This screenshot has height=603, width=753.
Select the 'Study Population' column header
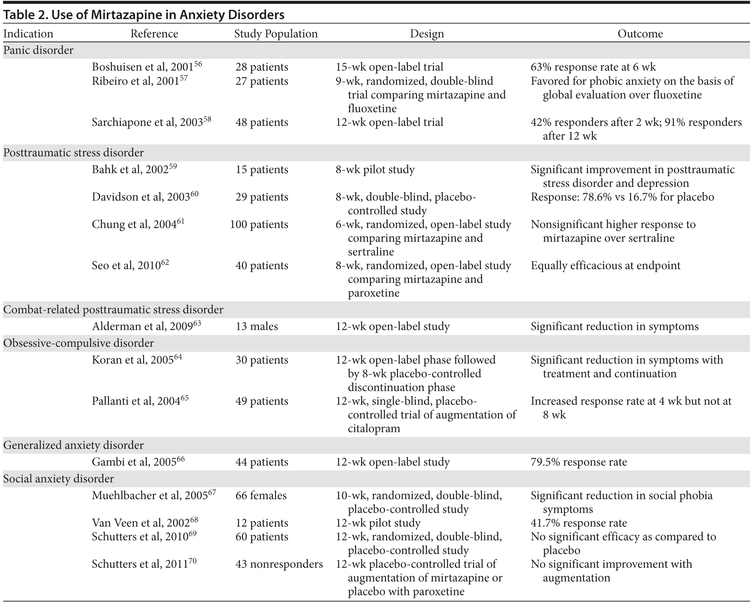coord(276,34)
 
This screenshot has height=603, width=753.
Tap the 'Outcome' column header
coord(640,34)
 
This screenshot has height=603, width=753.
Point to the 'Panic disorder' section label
coord(38,50)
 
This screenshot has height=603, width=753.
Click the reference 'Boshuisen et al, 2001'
coord(143,67)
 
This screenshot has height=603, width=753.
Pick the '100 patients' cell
coord(259,224)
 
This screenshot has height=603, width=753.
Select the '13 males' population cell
coord(257,326)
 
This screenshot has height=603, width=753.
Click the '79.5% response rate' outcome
coord(579,462)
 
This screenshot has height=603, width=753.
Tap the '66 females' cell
coord(261,495)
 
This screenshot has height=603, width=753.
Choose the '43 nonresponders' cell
coord(279,564)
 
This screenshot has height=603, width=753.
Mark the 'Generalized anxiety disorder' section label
coord(74,445)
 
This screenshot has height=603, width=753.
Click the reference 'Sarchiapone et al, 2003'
coord(147,122)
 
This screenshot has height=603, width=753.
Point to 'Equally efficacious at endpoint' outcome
coord(606,265)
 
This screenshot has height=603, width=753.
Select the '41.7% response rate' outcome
coord(579,523)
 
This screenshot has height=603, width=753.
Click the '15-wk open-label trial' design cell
coord(390,67)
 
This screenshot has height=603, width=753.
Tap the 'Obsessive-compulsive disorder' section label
coord(79,343)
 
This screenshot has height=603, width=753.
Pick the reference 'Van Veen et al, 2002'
coord(141,523)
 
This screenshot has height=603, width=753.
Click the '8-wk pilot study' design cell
coord(375,170)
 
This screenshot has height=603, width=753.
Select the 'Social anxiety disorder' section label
coord(59,479)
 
